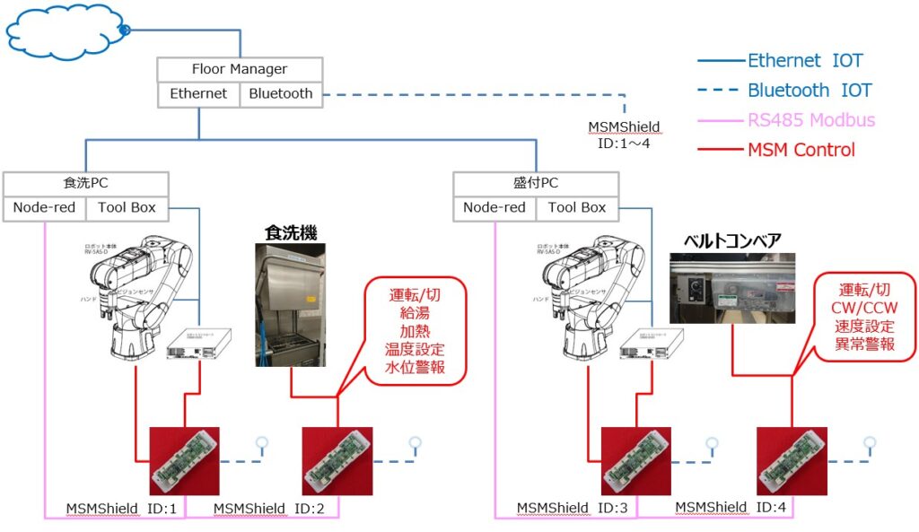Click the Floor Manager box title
[240, 69]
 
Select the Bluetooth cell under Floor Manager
[281, 93]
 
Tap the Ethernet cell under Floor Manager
[198, 93]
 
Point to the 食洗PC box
[85, 183]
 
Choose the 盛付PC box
[536, 183]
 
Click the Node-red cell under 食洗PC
[44, 207]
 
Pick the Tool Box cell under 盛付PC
[577, 207]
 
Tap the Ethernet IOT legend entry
[805, 61]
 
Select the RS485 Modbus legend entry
[811, 120]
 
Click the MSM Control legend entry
[801, 150]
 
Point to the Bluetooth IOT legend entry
[810, 91]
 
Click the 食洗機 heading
[292, 233]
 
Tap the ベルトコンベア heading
[731, 240]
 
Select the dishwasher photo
[290, 304]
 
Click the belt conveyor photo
[732, 288]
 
